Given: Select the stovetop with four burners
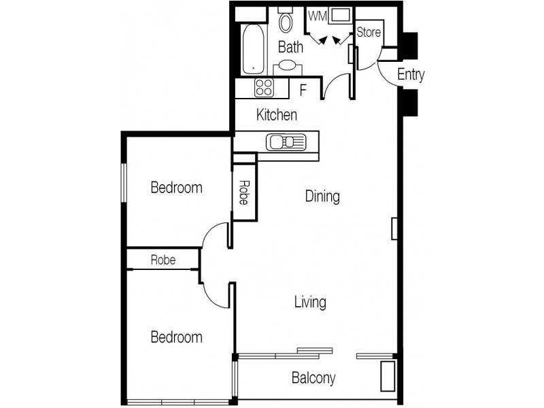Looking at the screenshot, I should [x=264, y=88].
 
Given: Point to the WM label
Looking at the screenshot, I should [x=317, y=15].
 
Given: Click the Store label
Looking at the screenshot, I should [x=369, y=32].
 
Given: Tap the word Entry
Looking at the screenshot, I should [x=411, y=75].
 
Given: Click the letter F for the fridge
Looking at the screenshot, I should [x=303, y=89].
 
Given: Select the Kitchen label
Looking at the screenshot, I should [x=276, y=115].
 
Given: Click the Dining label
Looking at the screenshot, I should [x=322, y=197].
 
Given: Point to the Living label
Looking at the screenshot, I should [x=310, y=301].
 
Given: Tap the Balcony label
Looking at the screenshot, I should [x=313, y=377].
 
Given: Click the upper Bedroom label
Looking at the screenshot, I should [x=176, y=188].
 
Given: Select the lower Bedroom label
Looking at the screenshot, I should [x=176, y=337].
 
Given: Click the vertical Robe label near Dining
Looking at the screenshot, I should [x=243, y=193].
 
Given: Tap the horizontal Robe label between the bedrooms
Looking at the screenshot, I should [x=163, y=259].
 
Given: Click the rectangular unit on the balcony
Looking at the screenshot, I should [x=388, y=376].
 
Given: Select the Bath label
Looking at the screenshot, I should [x=290, y=47].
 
